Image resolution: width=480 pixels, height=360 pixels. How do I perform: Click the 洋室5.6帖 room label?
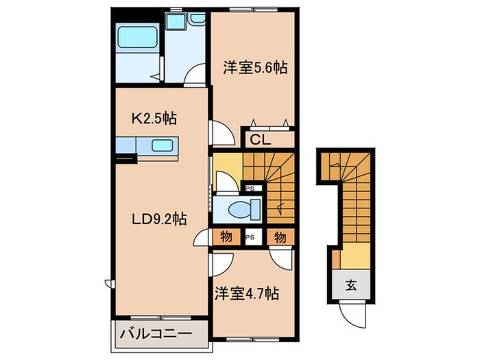click(254, 68)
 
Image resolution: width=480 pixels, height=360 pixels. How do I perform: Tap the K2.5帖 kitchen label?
click(154, 118)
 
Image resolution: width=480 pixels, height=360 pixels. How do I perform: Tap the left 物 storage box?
click(226, 237)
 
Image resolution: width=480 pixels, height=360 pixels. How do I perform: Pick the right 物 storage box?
click(280, 237)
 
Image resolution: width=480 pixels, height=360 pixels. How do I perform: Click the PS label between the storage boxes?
click(252, 237)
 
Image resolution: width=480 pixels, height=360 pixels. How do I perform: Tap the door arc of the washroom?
click(197, 73)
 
